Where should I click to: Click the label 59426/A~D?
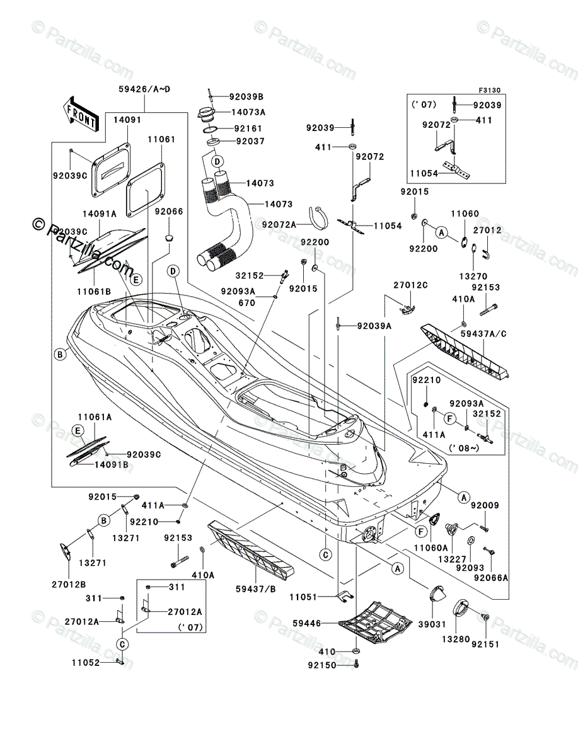tap(144, 89)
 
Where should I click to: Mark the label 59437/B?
tap(256, 589)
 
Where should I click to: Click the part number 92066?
tap(169, 212)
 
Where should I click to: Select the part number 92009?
tap(484, 505)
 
